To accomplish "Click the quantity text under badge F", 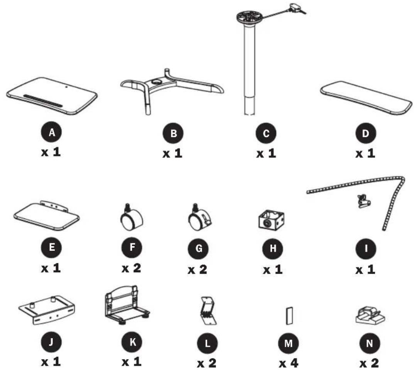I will click(132, 268).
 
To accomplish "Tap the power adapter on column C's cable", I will click(297, 8).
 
